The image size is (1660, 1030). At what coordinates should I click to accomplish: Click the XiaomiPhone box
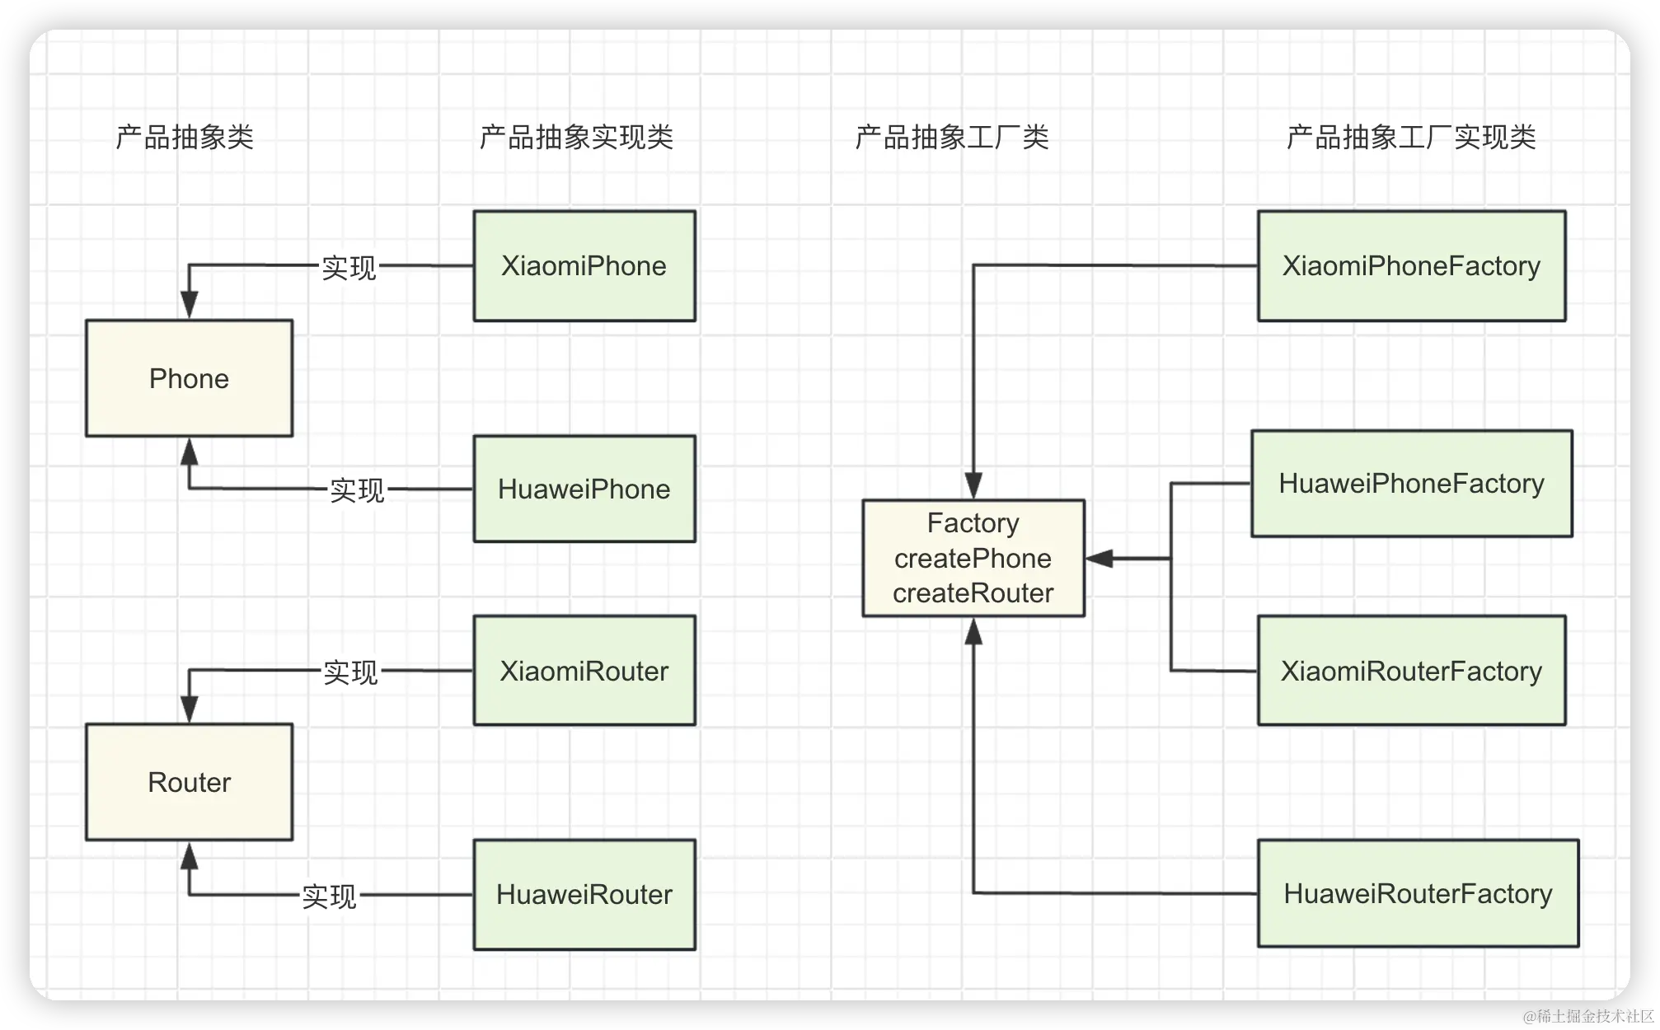pyautogui.click(x=584, y=266)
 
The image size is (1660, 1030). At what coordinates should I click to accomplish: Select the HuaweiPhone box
pyautogui.click(x=584, y=489)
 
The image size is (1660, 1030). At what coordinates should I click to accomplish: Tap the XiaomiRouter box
pyautogui.click(x=584, y=671)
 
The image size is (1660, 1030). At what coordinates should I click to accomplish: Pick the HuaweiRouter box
pyautogui.click(x=584, y=895)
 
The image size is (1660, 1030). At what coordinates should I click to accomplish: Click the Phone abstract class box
pyautogui.click(x=190, y=378)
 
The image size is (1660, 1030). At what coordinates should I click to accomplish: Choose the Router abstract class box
pyautogui.click(x=190, y=782)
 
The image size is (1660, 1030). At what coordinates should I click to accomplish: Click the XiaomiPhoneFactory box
pyautogui.click(x=1411, y=266)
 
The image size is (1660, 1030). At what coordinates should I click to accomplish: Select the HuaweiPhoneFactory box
pyautogui.click(x=1411, y=484)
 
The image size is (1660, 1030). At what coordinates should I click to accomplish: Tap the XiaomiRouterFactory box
pyautogui.click(x=1411, y=671)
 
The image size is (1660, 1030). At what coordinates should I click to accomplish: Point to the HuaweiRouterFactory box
pyautogui.click(x=1418, y=893)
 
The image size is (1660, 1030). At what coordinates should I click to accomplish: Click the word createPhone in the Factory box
pyautogui.click(x=973, y=559)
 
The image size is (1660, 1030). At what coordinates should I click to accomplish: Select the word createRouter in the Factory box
pyautogui.click(x=973, y=593)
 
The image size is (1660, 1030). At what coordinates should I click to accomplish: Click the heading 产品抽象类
pyautogui.click(x=185, y=137)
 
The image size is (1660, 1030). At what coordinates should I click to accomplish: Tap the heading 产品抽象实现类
pyautogui.click(x=576, y=137)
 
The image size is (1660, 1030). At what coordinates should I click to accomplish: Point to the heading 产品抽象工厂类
pyautogui.click(x=952, y=137)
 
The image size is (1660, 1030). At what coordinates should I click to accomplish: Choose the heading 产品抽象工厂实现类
pyautogui.click(x=1411, y=137)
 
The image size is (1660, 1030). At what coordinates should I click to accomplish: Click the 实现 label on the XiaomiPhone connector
pyautogui.click(x=349, y=268)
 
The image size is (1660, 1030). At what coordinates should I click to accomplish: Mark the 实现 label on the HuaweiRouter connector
pyautogui.click(x=329, y=897)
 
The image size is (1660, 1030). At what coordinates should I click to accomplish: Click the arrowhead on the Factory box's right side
pyautogui.click(x=1100, y=559)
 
